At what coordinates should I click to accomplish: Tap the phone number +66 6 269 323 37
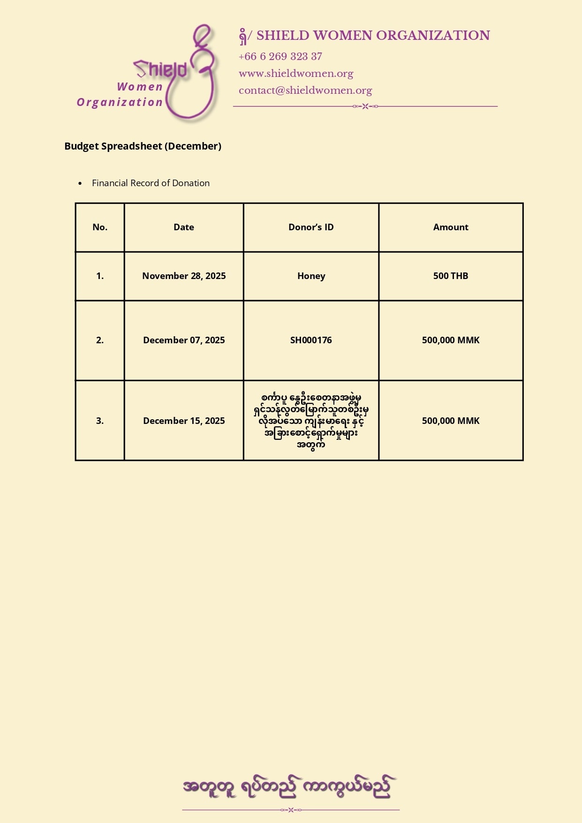pyautogui.click(x=280, y=57)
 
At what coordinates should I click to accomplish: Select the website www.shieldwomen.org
pyautogui.click(x=295, y=74)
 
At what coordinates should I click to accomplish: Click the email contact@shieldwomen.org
pyautogui.click(x=305, y=91)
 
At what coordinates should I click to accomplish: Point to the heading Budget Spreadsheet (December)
pyautogui.click(x=143, y=146)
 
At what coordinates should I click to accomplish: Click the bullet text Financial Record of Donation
pyautogui.click(x=151, y=183)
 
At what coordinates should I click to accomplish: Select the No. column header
pyautogui.click(x=100, y=227)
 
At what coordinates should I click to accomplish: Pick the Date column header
pyautogui.click(x=184, y=227)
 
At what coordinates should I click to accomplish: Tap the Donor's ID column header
pyautogui.click(x=311, y=227)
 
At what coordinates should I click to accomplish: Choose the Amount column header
pyautogui.click(x=451, y=227)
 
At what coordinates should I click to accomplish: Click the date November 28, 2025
pyautogui.click(x=184, y=276)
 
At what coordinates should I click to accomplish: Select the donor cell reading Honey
pyautogui.click(x=311, y=276)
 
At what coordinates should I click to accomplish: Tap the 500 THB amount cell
pyautogui.click(x=451, y=276)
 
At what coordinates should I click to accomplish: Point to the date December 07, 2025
pyautogui.click(x=184, y=340)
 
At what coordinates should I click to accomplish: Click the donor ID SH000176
pyautogui.click(x=311, y=340)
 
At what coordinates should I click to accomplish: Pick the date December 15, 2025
pyautogui.click(x=184, y=421)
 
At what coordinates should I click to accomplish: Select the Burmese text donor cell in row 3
pyautogui.click(x=311, y=421)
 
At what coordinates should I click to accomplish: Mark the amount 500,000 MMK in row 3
pyautogui.click(x=451, y=421)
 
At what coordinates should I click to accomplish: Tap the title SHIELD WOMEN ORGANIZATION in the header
pyautogui.click(x=373, y=36)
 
